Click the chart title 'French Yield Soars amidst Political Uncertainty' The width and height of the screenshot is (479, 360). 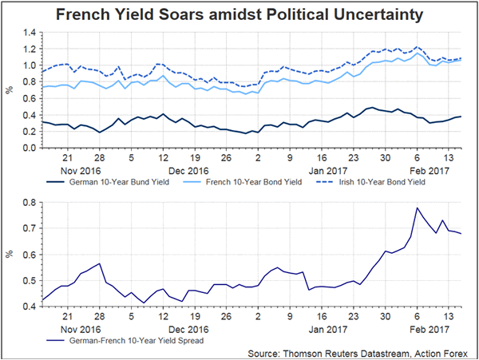coord(239,14)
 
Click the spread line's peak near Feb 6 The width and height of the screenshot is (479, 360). coord(417,208)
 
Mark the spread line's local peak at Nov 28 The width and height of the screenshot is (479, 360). coord(100,263)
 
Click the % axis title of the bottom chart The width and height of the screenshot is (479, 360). coord(10,255)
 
